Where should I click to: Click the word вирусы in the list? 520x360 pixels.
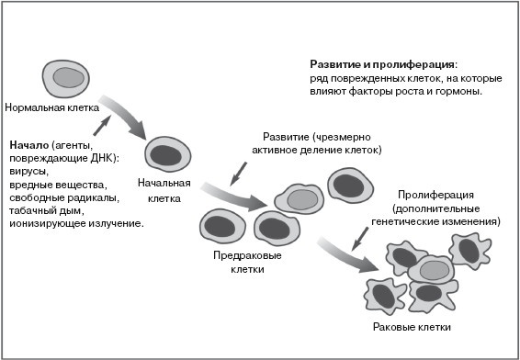click(29, 171)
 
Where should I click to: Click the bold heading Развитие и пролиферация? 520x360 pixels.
click(382, 65)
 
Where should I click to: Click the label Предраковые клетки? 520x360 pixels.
click(247, 263)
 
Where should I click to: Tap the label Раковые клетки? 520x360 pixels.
click(413, 328)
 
